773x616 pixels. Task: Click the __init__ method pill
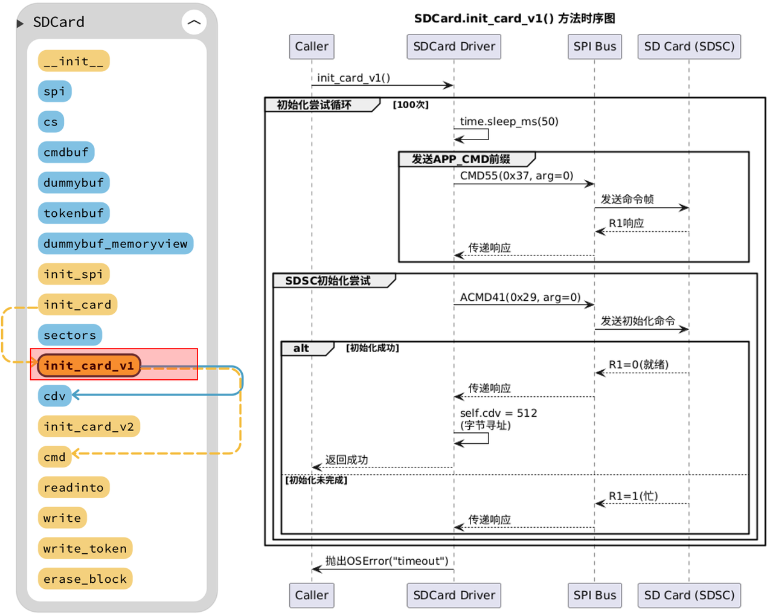74,61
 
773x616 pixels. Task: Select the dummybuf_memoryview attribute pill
115,243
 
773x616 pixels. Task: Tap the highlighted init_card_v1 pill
89,365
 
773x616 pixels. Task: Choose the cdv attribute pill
54,396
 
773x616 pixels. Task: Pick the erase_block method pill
85,579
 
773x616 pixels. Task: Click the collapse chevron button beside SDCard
194,22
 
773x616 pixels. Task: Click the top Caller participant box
312,47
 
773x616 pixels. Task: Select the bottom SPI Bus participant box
594,595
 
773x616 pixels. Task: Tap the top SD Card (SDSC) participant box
689,47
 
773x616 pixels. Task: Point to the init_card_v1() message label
353,77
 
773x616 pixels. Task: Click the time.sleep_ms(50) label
509,121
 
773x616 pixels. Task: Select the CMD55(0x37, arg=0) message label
516,176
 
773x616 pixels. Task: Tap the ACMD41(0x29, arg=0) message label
520,297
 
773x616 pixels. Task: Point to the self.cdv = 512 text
499,413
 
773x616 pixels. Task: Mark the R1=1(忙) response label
633,496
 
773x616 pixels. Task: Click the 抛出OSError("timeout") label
387,560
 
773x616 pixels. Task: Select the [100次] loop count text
411,105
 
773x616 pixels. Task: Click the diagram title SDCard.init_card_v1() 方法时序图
515,18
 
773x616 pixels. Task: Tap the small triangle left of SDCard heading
20,24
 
